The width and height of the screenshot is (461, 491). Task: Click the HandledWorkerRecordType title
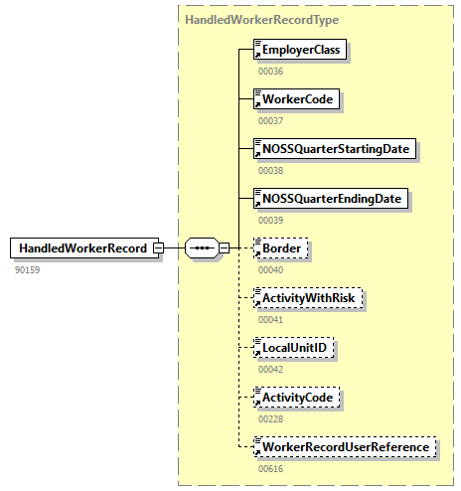(248, 19)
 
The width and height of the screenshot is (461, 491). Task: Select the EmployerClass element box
(300, 49)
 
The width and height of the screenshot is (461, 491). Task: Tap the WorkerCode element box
(296, 98)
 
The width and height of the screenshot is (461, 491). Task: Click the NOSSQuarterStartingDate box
(334, 148)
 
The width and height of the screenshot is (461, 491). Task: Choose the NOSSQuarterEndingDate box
(331, 198)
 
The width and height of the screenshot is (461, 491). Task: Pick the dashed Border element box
(281, 247)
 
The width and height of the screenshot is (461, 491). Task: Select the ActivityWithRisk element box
(308, 297)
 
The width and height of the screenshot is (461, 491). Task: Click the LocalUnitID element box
(295, 348)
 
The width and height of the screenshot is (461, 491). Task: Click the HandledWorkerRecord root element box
(82, 247)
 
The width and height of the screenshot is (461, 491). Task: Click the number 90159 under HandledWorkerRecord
(28, 269)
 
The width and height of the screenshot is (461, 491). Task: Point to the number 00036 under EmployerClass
(270, 71)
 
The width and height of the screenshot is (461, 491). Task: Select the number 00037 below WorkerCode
(270, 120)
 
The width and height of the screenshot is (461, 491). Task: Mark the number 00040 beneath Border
(270, 269)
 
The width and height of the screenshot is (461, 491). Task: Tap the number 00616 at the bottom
(270, 468)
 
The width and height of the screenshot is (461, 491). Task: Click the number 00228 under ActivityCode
(270, 418)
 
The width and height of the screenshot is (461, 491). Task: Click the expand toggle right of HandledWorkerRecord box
(158, 247)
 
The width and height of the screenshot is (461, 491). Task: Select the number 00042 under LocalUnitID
(270, 369)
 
